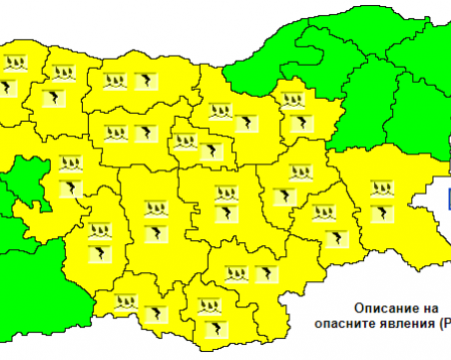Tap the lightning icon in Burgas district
380,213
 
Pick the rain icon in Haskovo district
236,272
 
